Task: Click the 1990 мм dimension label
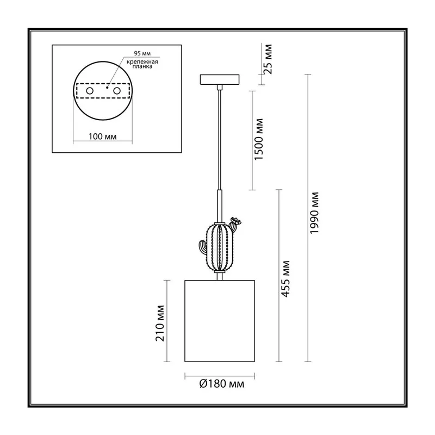tap(314, 213)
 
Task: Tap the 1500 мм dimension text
tap(259, 139)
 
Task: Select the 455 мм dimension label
tap(285, 279)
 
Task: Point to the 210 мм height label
tap(160, 323)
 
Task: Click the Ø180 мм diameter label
tap(222, 384)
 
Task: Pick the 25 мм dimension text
tap(268, 59)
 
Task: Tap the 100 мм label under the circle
tap(103, 136)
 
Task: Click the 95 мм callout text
tap(142, 53)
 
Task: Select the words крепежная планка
tap(142, 64)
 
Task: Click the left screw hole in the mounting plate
tap(90, 91)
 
